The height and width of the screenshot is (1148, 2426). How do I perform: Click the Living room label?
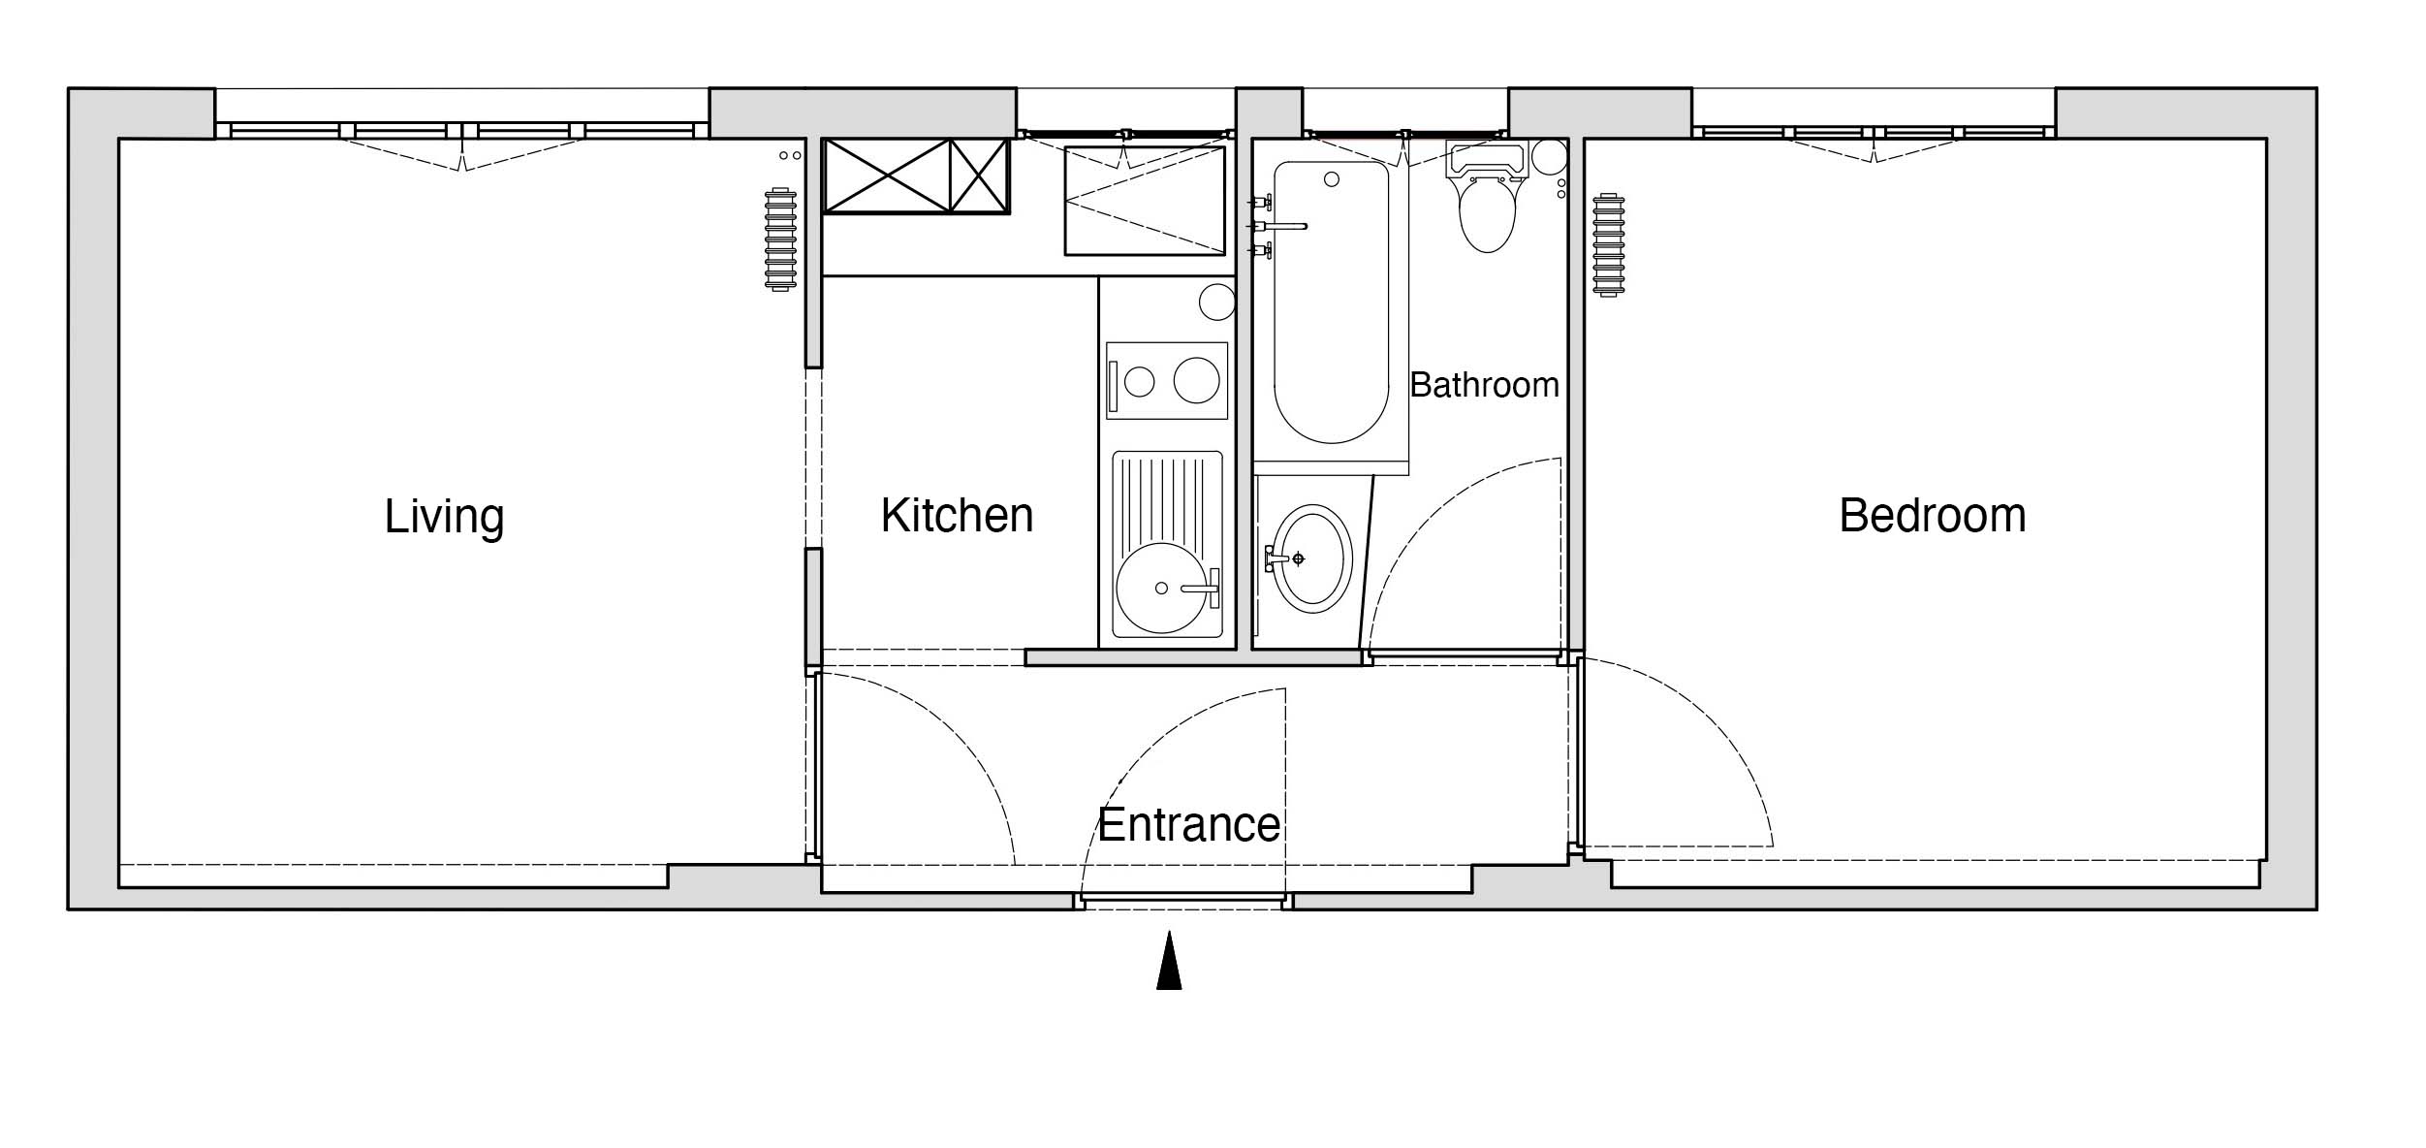(444, 517)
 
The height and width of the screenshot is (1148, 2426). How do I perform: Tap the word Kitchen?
(957, 516)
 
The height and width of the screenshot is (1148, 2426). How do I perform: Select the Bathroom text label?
(1484, 386)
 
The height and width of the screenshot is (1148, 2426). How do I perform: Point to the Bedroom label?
(1932, 516)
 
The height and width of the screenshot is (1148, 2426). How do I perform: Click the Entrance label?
(1189, 825)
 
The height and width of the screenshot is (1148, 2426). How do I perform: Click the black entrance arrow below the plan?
(1169, 960)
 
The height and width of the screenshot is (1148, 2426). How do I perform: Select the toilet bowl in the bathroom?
(1487, 213)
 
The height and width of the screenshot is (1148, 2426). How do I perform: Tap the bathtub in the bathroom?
(1331, 303)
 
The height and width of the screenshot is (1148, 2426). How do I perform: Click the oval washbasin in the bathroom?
(1312, 558)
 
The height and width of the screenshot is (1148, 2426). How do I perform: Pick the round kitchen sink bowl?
(1162, 589)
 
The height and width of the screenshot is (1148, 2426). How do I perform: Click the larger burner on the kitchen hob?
(1197, 380)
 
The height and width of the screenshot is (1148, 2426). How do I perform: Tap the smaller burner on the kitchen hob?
(1140, 382)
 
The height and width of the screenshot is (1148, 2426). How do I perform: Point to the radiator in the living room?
(780, 239)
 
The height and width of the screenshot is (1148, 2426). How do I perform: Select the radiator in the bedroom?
(1608, 244)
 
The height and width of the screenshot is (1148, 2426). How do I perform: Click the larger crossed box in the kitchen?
(887, 175)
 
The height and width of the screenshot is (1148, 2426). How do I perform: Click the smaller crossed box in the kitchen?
(980, 175)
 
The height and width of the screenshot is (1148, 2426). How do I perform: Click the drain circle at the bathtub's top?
(1332, 179)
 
